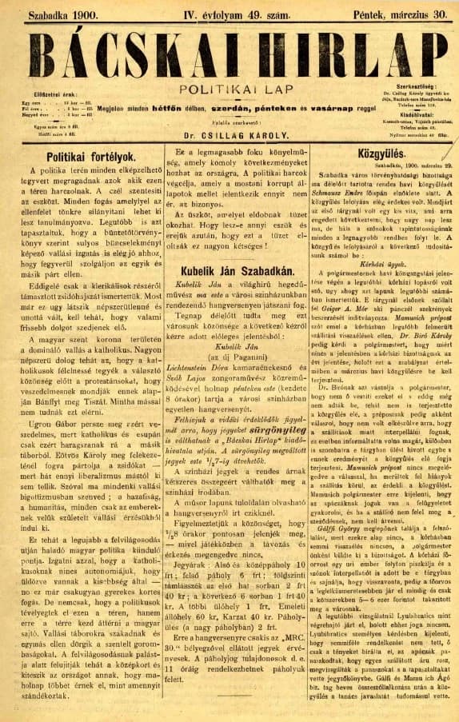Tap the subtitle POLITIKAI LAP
coord(229,91)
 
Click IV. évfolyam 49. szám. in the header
coord(229,13)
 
